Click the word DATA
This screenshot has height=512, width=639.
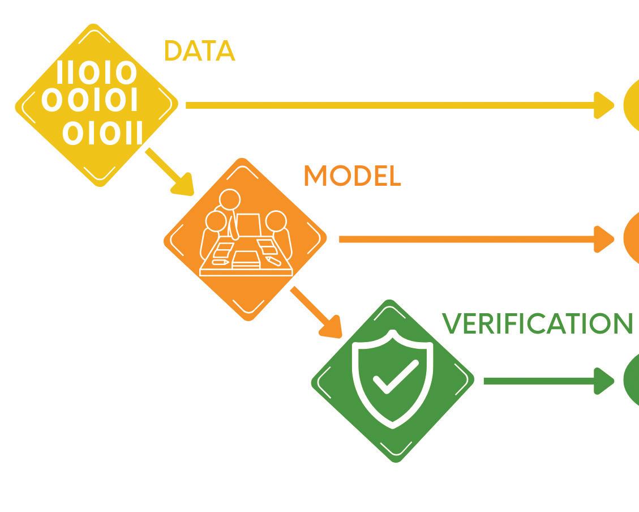click(x=199, y=52)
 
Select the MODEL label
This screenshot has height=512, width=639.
click(x=352, y=177)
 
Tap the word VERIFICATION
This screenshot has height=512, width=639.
click(x=537, y=324)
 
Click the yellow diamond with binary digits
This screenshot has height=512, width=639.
click(x=96, y=105)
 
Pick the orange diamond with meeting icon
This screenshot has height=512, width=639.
click(x=245, y=239)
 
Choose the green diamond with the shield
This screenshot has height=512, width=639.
click(x=393, y=381)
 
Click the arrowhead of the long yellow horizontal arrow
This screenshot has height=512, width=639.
click(x=604, y=105)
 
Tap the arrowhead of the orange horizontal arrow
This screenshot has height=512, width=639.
click(x=604, y=239)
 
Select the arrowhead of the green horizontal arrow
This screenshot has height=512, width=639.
click(x=604, y=381)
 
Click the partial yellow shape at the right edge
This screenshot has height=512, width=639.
click(x=632, y=105)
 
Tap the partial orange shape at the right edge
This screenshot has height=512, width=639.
click(x=632, y=239)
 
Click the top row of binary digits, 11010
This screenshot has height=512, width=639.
click(x=96, y=74)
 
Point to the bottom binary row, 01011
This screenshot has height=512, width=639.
click(x=102, y=134)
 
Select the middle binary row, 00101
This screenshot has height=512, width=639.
click(x=90, y=101)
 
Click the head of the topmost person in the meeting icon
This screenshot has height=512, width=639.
click(x=230, y=200)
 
